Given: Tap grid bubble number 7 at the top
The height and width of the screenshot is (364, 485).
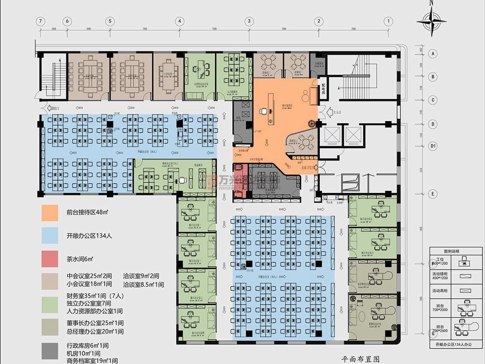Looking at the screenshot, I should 40,21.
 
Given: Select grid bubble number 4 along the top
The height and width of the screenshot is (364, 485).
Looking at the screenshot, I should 180,21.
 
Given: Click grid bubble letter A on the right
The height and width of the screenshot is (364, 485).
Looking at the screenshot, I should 432,54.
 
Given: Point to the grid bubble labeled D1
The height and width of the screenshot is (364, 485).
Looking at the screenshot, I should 432,146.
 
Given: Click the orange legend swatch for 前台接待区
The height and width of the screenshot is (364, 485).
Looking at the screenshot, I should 50,213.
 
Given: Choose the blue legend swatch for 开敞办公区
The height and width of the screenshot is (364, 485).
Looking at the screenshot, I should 50,236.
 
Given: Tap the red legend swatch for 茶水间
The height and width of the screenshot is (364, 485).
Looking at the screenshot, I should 50,258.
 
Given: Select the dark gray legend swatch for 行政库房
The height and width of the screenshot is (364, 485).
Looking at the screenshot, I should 50,351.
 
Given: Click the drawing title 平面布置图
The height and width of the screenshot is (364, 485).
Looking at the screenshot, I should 360,359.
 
